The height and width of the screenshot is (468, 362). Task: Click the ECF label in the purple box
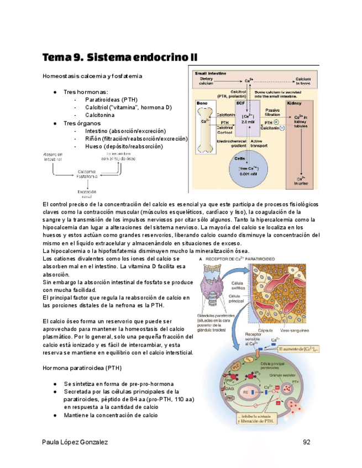[240, 103]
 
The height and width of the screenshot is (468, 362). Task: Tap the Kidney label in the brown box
[294, 103]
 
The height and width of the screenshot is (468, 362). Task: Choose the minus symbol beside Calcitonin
[282, 127]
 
